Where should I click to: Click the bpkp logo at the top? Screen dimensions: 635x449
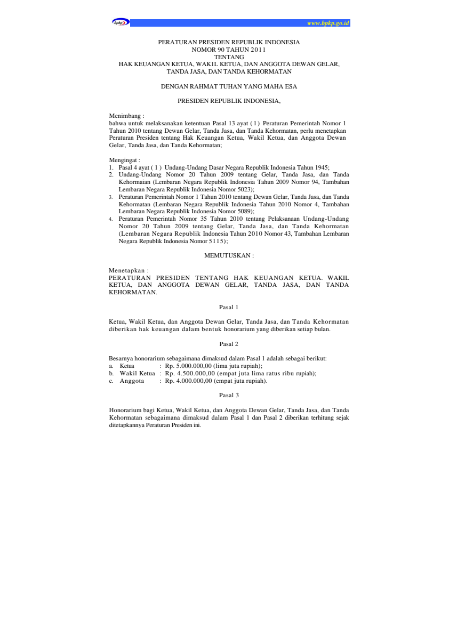pos(120,23)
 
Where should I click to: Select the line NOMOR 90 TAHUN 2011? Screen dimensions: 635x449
pos(229,49)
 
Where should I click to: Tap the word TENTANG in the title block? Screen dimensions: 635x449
pos(229,56)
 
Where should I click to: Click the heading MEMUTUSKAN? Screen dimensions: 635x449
pos(229,256)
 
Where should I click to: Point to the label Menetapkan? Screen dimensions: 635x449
pos(128,271)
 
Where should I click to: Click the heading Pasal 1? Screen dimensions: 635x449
pos(229,307)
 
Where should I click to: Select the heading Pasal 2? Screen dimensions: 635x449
pos(229,344)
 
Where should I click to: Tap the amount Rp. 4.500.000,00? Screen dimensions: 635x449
pos(189,374)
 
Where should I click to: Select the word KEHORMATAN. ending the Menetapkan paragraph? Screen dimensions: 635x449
pos(133,292)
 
